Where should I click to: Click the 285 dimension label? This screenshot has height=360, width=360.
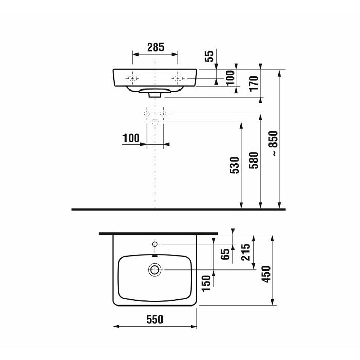[155, 47]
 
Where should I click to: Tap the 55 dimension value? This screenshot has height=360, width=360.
[209, 56]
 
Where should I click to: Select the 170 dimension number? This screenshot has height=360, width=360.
[254, 83]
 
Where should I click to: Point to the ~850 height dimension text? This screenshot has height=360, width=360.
[274, 143]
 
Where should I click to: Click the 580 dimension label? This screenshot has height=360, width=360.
[254, 160]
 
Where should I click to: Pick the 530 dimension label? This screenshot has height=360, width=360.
[235, 165]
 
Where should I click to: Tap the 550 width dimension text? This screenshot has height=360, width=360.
[155, 319]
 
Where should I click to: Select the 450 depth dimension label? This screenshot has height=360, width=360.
[266, 274]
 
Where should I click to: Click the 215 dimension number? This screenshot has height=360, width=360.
[246, 252]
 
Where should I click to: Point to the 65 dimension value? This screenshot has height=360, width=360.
[225, 254]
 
